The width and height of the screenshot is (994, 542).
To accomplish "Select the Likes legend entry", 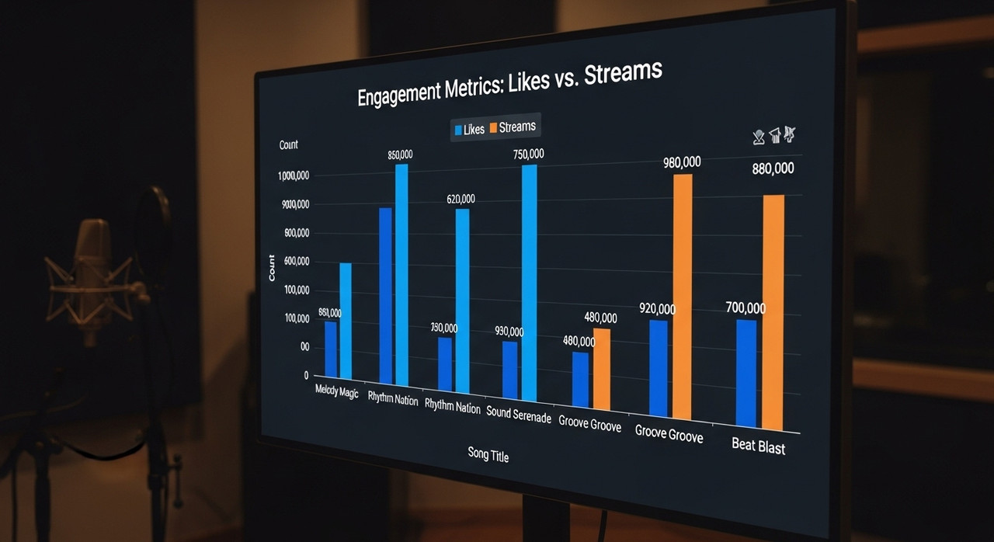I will [x=468, y=130].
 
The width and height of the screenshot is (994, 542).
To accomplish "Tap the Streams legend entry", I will [x=512, y=127].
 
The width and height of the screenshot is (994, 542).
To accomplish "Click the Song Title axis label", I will [x=488, y=455].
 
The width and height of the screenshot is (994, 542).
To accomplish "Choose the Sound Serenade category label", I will [x=519, y=415].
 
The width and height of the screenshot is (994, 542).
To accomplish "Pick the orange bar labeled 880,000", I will [x=773, y=311].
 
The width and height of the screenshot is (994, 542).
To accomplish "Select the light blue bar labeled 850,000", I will [x=401, y=275].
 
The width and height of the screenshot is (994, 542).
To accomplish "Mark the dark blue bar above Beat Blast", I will [x=746, y=373].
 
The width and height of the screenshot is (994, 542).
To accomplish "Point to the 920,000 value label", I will [x=657, y=309].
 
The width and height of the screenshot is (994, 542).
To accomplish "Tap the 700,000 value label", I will [x=745, y=308].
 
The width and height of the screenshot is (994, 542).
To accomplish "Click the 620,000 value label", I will [x=461, y=200].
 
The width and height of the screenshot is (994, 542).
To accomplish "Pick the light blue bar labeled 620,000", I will [x=462, y=300].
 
